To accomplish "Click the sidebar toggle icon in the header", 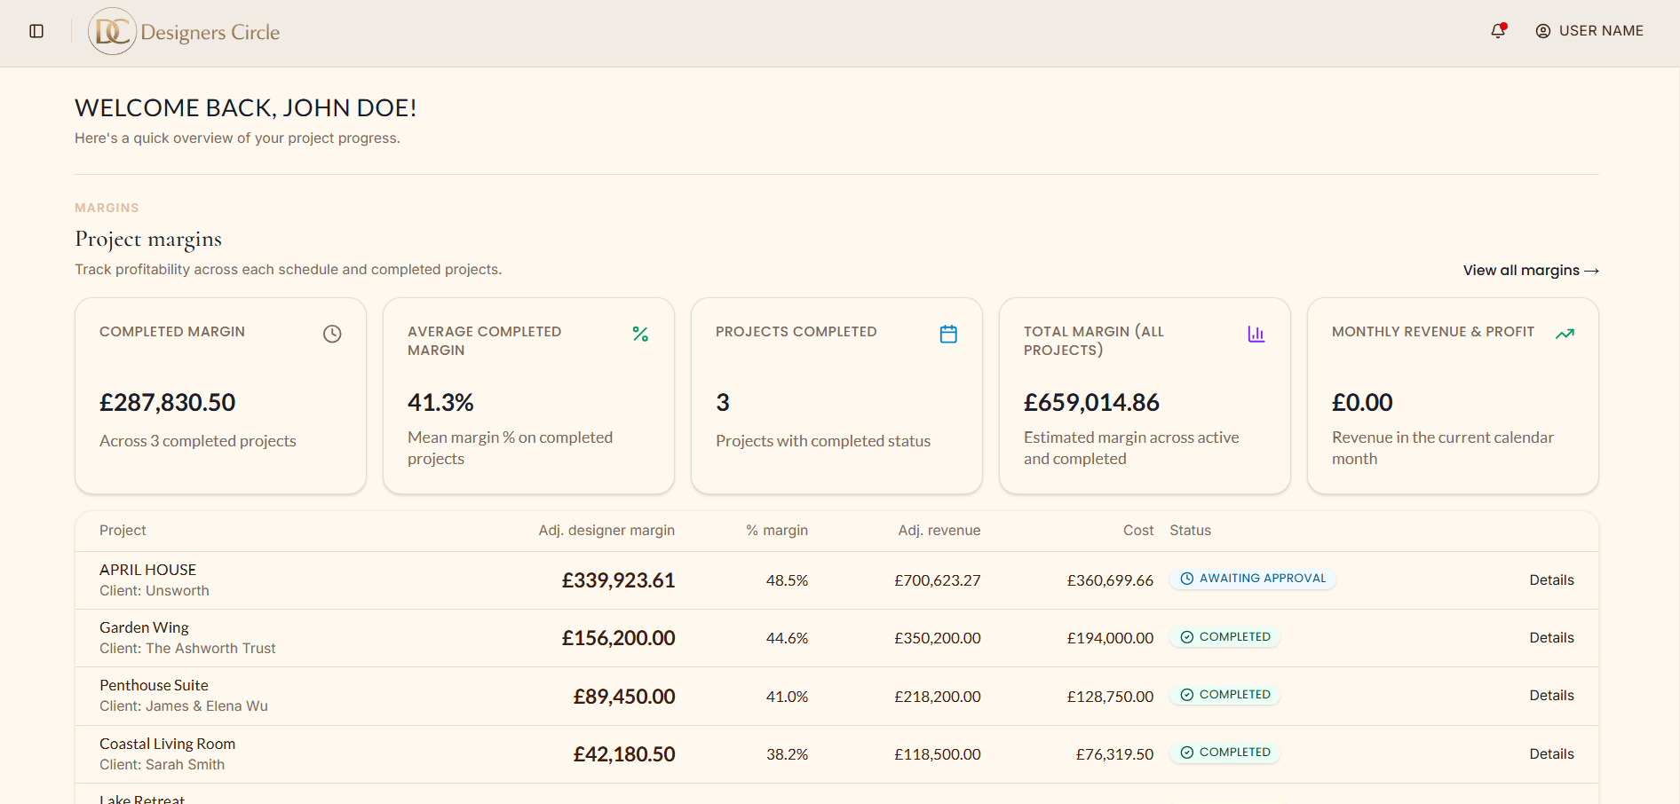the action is pyautogui.click(x=36, y=31).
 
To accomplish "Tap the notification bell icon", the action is pyautogui.click(x=1498, y=31).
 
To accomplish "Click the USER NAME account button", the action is pyautogui.click(x=1589, y=31).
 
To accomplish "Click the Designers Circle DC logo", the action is pyautogui.click(x=112, y=32).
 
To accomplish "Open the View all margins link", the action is pyautogui.click(x=1531, y=271).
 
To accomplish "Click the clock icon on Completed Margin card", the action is pyautogui.click(x=332, y=334).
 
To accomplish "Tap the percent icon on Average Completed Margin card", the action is pyautogui.click(x=640, y=334).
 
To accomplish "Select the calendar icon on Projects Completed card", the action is pyautogui.click(x=948, y=334).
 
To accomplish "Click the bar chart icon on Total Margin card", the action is pyautogui.click(x=1256, y=334).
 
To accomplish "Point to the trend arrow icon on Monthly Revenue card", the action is pyautogui.click(x=1565, y=334).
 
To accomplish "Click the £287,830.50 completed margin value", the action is pyautogui.click(x=168, y=403).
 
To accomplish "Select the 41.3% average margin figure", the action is pyautogui.click(x=440, y=403).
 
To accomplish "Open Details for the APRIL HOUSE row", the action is pyautogui.click(x=1551, y=580).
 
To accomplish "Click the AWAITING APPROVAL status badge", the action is pyautogui.click(x=1253, y=579).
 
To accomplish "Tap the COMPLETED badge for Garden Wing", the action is pyautogui.click(x=1225, y=637).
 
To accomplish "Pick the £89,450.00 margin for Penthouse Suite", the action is pyautogui.click(x=624, y=697).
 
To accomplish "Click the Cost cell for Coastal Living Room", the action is pyautogui.click(x=1114, y=754).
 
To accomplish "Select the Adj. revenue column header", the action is pyautogui.click(x=939, y=531).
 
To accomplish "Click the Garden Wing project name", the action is pyautogui.click(x=144, y=627).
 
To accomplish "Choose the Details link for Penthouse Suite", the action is pyautogui.click(x=1551, y=696).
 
